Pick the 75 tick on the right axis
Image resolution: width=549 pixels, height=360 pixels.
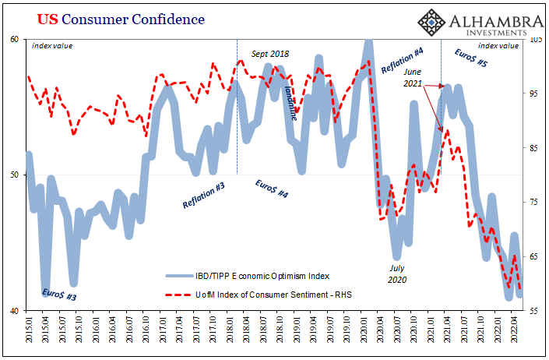(x=533, y=202)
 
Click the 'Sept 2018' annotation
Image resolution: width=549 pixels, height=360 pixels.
(x=270, y=55)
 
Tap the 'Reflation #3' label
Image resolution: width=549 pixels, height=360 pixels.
(x=205, y=193)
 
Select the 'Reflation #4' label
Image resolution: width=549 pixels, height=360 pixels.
(x=402, y=60)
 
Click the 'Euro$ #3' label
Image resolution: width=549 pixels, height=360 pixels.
(x=58, y=295)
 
